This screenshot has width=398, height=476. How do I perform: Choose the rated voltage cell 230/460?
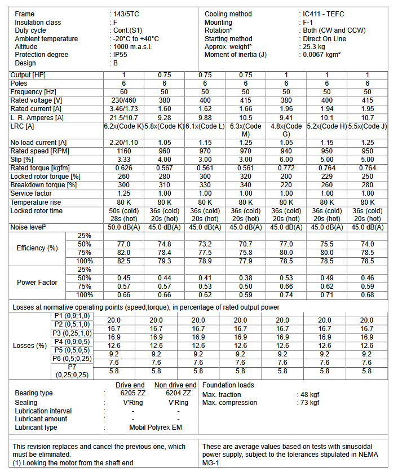[124, 100]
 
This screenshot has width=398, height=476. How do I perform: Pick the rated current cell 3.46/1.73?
[124, 108]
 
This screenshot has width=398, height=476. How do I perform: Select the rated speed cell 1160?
[124, 151]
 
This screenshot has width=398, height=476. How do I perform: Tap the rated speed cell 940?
[286, 151]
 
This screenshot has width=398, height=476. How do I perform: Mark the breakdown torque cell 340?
[246, 185]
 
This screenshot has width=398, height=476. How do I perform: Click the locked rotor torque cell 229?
[327, 177]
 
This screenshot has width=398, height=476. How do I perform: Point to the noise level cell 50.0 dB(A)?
[124, 227]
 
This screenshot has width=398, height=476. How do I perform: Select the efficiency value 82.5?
[124, 261]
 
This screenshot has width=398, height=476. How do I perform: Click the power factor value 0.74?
[286, 295]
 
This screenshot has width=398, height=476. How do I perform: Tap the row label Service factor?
[32, 193]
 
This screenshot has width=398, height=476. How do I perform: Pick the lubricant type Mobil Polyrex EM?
[156, 427]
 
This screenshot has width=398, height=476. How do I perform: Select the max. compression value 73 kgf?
[309, 403]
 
